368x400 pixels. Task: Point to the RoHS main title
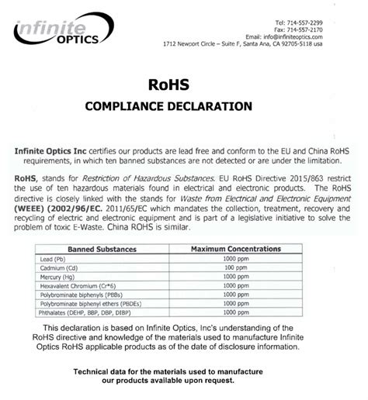tap(184, 81)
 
